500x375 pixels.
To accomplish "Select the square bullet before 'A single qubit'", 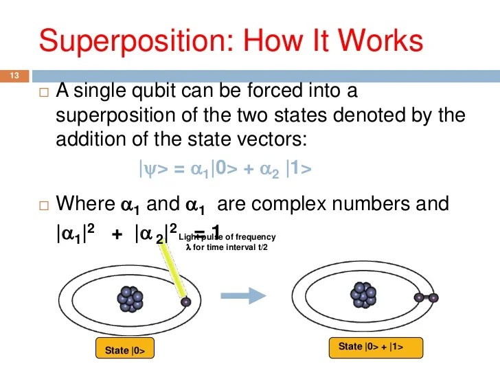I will (44, 92).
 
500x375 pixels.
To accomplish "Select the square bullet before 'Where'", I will (44, 205).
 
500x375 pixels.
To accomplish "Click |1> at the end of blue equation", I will (299, 169).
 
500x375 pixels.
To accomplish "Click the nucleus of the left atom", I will (130, 298).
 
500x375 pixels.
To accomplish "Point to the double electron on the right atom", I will (425, 297).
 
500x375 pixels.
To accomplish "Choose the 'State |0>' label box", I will (124, 350).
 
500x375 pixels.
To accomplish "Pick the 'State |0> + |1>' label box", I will (376, 347).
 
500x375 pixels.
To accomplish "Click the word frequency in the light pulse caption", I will (255, 237).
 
